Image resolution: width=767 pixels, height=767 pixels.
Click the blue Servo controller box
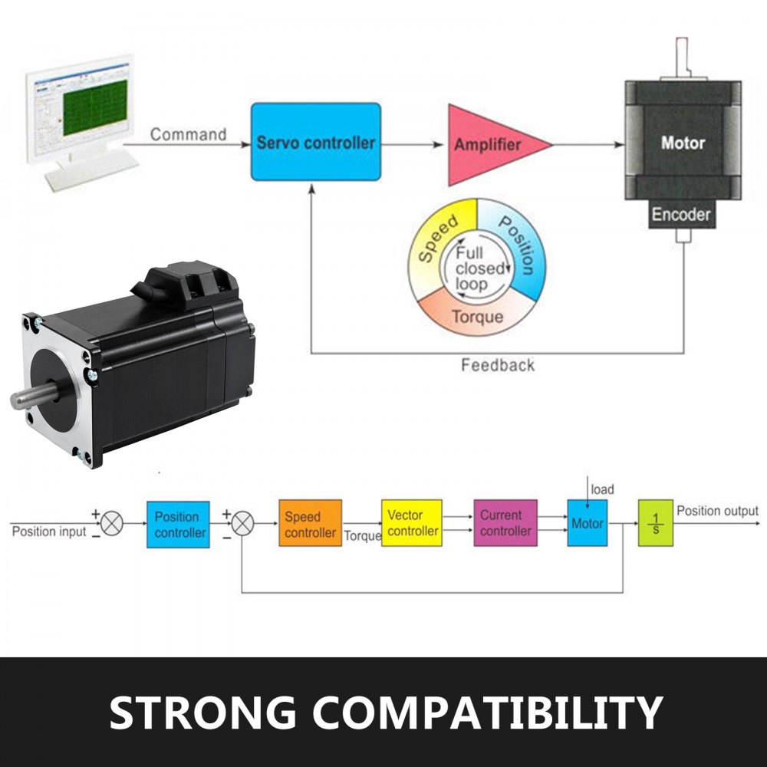[316, 142]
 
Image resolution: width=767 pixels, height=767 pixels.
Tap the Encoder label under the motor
[681, 215]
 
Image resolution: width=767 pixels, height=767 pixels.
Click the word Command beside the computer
[188, 135]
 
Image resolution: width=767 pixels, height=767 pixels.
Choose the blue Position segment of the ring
[518, 245]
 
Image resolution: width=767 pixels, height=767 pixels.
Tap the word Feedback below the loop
[498, 365]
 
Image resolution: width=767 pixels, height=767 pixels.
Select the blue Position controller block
[178, 524]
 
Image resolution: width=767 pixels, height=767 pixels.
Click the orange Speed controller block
[310, 524]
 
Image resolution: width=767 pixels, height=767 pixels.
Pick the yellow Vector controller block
[412, 523]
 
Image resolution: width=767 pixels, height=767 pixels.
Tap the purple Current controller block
[505, 523]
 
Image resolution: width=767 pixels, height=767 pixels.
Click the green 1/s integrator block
[655, 523]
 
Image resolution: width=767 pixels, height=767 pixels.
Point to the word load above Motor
[603, 489]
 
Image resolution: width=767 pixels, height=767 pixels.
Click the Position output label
[717, 512]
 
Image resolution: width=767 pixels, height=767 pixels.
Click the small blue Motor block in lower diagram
[587, 523]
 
